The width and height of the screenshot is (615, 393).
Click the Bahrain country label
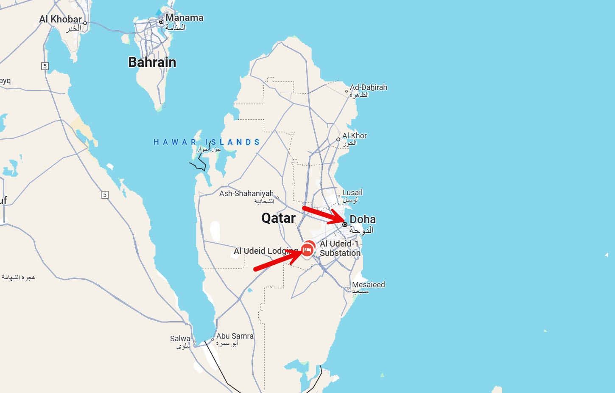click(x=152, y=62)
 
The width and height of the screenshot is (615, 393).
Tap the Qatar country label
click(x=278, y=218)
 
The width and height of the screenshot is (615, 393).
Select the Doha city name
click(x=362, y=219)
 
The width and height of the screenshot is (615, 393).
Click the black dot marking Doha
click(x=345, y=225)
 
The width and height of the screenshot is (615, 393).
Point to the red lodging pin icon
click(x=308, y=250)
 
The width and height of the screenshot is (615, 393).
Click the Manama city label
click(x=184, y=18)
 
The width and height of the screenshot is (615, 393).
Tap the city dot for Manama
click(x=161, y=21)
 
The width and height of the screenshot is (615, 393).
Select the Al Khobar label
click(x=60, y=19)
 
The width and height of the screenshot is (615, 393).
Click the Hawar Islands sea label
click(x=207, y=142)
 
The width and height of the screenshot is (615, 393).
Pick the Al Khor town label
click(x=355, y=136)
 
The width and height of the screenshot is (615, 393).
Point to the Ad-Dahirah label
click(x=368, y=87)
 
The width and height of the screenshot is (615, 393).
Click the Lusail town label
click(x=352, y=193)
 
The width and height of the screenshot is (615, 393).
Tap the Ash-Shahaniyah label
click(x=246, y=194)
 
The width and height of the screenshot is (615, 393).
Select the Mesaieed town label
click(x=368, y=285)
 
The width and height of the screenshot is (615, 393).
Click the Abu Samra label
click(x=235, y=336)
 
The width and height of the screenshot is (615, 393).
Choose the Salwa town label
click(x=180, y=339)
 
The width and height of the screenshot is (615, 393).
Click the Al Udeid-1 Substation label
click(x=340, y=248)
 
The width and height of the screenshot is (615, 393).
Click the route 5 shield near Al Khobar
click(x=45, y=66)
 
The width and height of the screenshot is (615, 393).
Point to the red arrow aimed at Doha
click(x=324, y=216)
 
